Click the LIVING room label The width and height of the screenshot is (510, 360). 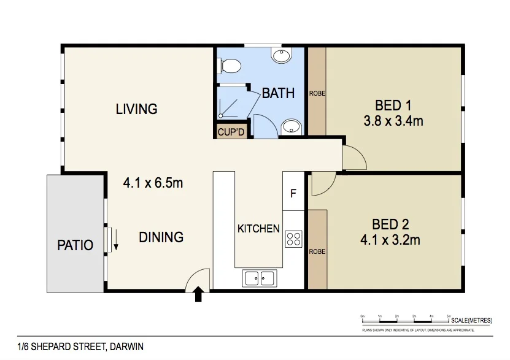point(136,109)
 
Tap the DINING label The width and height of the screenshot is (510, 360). point(160,237)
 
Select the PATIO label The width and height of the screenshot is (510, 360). point(75,245)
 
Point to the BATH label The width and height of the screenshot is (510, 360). point(278,93)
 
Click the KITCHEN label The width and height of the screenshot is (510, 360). point(258,228)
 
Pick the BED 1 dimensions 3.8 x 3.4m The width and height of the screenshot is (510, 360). point(393,121)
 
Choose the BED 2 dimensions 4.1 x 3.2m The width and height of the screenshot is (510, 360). point(390,239)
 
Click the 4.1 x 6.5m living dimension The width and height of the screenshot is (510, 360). point(153,183)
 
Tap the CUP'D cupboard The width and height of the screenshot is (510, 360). point(231,131)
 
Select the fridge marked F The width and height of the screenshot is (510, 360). point(293,193)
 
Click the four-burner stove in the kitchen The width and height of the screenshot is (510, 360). point(293,239)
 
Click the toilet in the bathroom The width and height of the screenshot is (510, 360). point(230,65)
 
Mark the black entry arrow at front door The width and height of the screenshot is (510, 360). point(198,296)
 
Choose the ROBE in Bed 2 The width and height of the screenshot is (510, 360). point(317,250)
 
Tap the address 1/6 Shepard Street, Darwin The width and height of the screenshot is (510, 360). point(80,347)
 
